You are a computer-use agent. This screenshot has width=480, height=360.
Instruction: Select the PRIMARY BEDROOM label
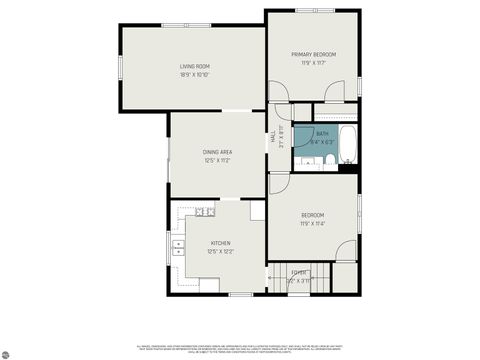[x=313, y=54]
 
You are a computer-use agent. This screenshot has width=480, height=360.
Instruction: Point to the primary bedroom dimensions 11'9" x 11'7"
[x=313, y=63]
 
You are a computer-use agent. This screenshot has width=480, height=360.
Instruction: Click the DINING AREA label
[x=217, y=152]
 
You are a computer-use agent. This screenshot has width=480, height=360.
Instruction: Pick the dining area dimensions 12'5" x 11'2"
[x=217, y=161]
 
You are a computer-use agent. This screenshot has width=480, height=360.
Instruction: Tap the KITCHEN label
[x=220, y=243]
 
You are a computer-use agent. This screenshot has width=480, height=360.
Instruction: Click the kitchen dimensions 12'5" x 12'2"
[x=220, y=252]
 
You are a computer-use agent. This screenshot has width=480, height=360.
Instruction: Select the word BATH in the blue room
[x=322, y=134]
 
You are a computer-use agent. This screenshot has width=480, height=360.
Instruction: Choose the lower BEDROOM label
[x=313, y=215]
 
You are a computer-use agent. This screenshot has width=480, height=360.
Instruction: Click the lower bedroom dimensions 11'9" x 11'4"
[x=313, y=224]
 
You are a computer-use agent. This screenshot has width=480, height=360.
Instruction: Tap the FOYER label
[x=298, y=272]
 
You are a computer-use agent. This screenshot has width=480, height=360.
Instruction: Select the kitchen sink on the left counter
[x=178, y=247]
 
